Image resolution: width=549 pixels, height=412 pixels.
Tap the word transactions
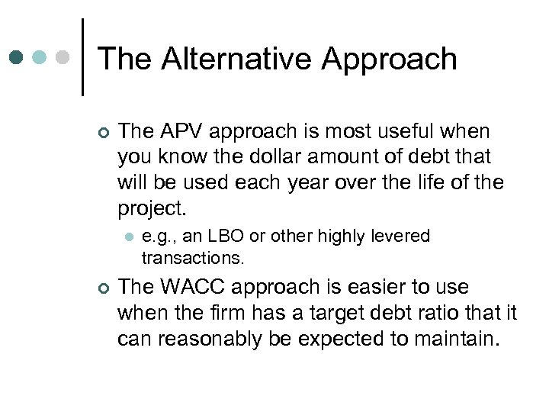click(193, 259)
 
